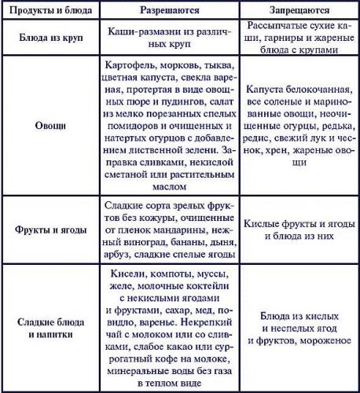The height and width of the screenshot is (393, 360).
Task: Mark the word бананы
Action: click(174, 243)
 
